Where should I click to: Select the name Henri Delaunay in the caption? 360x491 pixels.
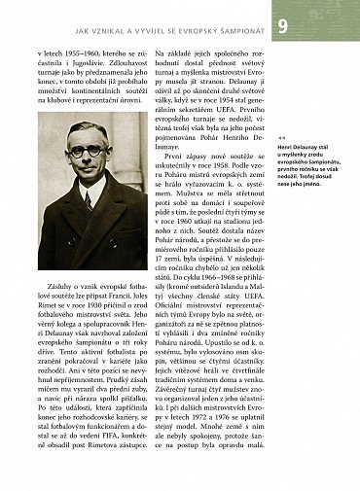[300, 147]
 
